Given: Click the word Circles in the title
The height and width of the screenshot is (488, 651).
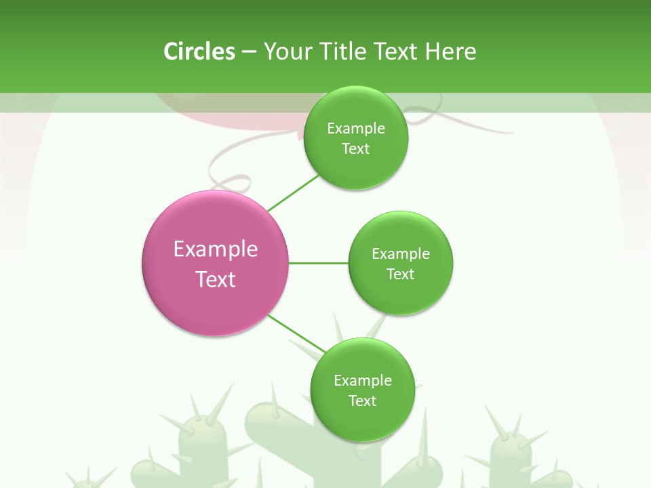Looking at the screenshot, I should click(x=199, y=52).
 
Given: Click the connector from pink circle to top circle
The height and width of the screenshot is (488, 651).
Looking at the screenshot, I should click(x=293, y=193).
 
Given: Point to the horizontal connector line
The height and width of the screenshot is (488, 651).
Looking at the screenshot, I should click(x=319, y=263).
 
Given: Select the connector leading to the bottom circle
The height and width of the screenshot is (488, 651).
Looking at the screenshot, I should click(x=296, y=333).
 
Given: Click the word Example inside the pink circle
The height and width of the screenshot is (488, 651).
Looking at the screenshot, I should click(x=216, y=249).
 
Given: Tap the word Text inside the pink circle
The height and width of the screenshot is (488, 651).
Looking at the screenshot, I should click(x=216, y=279).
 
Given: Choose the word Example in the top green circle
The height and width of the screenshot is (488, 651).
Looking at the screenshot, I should click(x=356, y=129).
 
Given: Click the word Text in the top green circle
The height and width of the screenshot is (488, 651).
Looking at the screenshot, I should click(x=356, y=149).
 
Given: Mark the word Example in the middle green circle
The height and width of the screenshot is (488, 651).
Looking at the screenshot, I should click(x=401, y=254).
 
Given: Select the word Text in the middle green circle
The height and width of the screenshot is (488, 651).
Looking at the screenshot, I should click(x=401, y=274).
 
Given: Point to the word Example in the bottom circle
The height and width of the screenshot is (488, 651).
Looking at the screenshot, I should click(x=363, y=381).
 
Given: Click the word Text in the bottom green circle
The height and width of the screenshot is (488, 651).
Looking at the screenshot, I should click(x=363, y=401).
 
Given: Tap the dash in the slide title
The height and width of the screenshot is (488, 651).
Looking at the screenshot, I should click(x=249, y=52).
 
